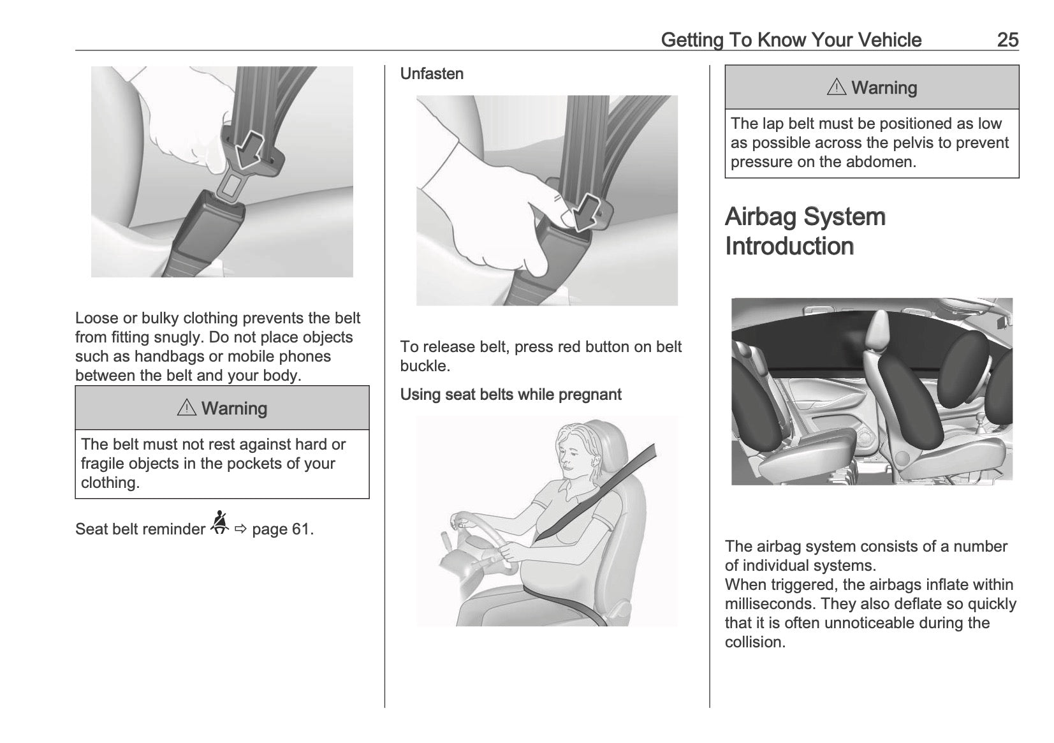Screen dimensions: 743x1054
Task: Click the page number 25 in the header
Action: pyautogui.click(x=1007, y=40)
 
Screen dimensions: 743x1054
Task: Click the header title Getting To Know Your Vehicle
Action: pyautogui.click(x=791, y=40)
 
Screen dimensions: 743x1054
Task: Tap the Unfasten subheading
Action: pyautogui.click(x=432, y=74)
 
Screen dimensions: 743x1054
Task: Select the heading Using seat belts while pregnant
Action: pyautogui.click(x=510, y=395)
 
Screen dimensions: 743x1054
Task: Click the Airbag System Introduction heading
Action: pyautogui.click(x=805, y=231)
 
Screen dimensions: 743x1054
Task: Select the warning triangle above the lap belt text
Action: pyautogui.click(x=836, y=88)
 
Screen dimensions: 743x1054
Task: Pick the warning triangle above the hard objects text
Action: pyautogui.click(x=186, y=408)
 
